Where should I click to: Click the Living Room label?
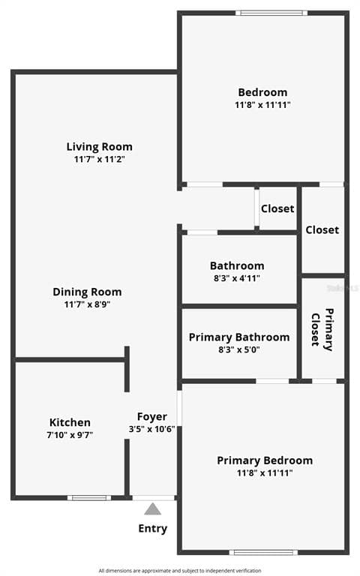point(99,146)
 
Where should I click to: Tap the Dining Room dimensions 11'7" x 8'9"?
point(88,304)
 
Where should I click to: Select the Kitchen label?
point(70,422)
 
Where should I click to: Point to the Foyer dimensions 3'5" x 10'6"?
point(151,429)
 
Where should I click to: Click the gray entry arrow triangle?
point(152,509)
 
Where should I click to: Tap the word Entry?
point(153,528)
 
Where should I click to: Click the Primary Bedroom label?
point(265,460)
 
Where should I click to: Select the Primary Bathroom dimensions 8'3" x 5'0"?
point(239,349)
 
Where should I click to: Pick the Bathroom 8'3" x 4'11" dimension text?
point(237,278)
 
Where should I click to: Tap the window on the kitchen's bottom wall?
point(89,498)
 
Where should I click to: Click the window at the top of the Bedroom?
point(271,13)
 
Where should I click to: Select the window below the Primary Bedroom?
point(263,553)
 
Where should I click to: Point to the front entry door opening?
point(153,498)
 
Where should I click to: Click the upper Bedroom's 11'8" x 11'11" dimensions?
point(262,105)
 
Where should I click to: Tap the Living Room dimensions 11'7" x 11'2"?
point(100,159)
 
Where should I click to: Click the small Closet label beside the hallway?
point(277,208)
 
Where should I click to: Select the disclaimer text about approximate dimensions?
point(180,571)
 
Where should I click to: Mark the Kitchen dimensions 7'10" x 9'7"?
point(70,435)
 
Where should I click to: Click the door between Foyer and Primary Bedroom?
point(179,408)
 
